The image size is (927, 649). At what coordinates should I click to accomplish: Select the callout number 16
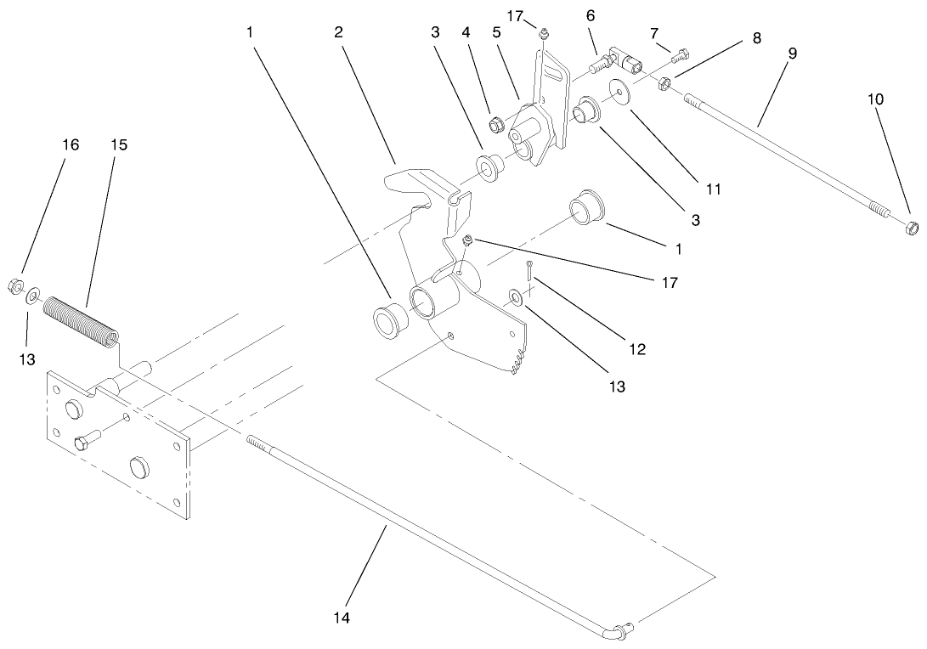tap(71, 144)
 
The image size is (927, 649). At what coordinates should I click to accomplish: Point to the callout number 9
tap(791, 53)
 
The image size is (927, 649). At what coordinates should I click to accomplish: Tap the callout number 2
tap(338, 32)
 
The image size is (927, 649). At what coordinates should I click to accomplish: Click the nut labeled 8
tap(667, 82)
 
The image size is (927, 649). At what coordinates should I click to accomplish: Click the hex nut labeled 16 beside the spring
tap(16, 286)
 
